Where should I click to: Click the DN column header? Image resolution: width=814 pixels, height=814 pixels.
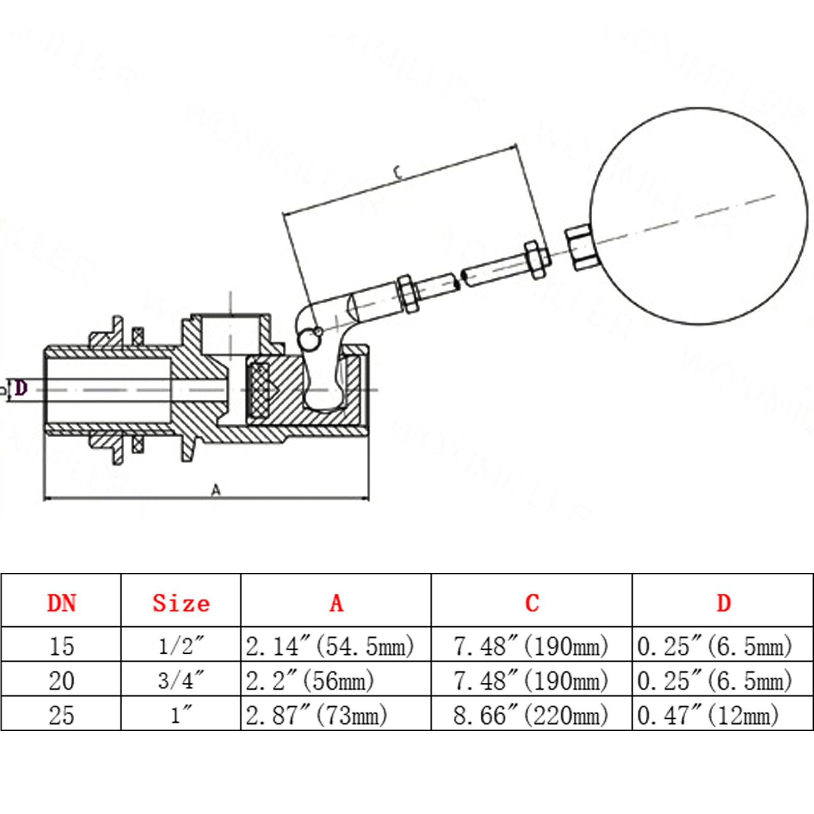tap(62, 603)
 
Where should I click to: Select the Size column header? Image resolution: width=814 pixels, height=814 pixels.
tap(181, 603)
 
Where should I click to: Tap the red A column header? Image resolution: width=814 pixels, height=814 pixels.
tap(336, 603)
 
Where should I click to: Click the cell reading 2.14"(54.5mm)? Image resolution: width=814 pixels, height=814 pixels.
tap(330, 647)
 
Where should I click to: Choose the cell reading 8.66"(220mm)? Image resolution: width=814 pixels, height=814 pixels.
tap(531, 716)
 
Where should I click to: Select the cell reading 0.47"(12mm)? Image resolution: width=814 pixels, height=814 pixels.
tap(708, 716)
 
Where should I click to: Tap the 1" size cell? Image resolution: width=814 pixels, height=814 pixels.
tap(181, 716)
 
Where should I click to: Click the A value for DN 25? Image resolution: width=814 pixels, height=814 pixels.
tap(316, 716)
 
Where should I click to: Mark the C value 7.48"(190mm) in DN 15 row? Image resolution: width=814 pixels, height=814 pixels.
tap(531, 647)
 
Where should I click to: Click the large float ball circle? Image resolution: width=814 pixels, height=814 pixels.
tap(699, 216)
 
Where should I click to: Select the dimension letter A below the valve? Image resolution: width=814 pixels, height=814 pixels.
tap(216, 490)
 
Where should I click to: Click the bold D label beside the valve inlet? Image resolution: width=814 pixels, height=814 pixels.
tap(20, 389)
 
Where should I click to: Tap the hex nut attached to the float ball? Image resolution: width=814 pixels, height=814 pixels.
tap(579, 248)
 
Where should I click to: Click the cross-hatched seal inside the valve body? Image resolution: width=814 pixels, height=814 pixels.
tap(258, 390)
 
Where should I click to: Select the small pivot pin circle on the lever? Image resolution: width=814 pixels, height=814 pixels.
tap(317, 333)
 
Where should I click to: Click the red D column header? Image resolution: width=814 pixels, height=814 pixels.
tap(723, 603)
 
